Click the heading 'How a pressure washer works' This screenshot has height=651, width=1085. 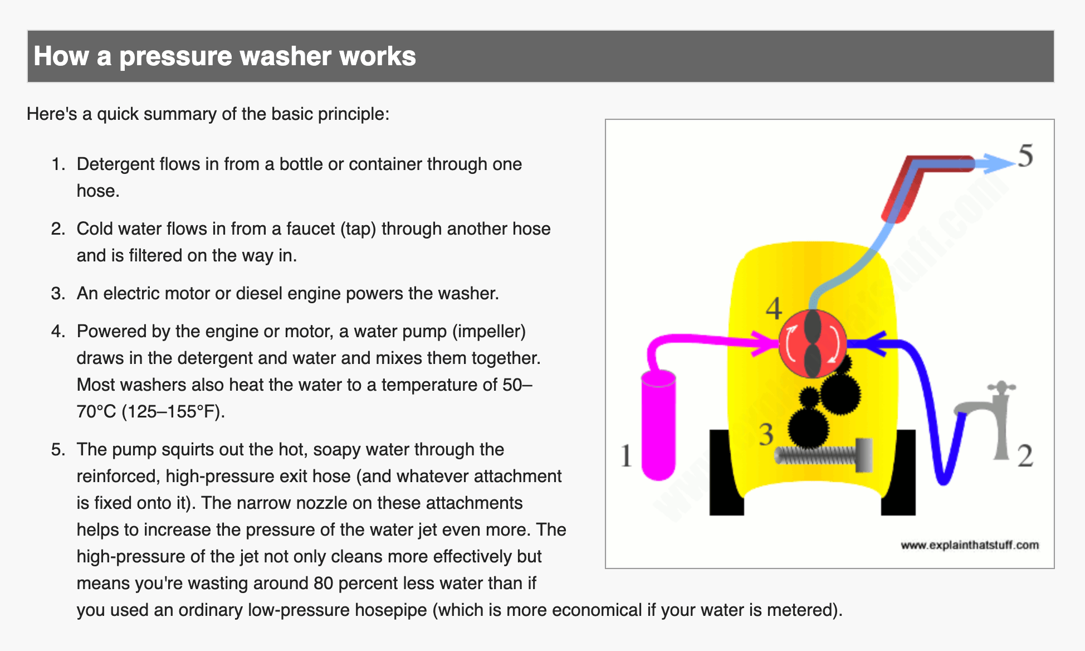point(224,56)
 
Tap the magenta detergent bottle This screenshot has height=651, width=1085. point(658,426)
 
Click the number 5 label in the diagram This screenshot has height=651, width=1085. point(1025,156)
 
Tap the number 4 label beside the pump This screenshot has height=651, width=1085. point(774,308)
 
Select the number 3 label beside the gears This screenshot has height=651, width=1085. point(766,434)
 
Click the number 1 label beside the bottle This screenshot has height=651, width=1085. point(626,455)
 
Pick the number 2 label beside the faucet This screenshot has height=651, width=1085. point(1025,455)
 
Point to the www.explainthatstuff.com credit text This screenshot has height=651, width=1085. point(969,545)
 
